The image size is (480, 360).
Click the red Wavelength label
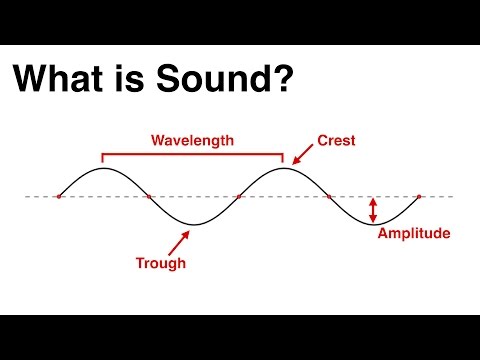click(x=192, y=141)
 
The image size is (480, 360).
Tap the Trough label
click(x=160, y=264)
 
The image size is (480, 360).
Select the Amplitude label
click(x=415, y=234)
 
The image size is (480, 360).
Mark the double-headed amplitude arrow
click(x=373, y=209)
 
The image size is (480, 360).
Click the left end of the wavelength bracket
click(x=102, y=158)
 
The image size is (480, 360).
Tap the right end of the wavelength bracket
click(x=283, y=158)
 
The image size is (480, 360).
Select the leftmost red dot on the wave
click(x=58, y=197)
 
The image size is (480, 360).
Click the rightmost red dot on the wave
click(x=419, y=197)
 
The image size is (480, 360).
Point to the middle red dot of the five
click(x=239, y=197)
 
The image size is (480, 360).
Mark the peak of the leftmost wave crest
click(x=103, y=169)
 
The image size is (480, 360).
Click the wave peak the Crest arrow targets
click(x=284, y=169)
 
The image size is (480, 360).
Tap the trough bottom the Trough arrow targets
click(x=193, y=225)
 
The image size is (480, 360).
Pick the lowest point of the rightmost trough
click(x=374, y=225)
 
